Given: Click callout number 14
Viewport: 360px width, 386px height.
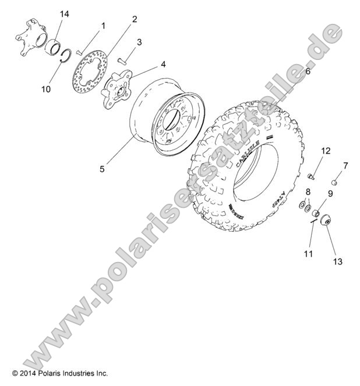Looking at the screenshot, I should click(64, 13).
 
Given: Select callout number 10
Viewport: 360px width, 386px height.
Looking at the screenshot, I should click(46, 89).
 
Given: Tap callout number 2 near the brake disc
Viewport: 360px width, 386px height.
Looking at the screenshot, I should click(135, 19).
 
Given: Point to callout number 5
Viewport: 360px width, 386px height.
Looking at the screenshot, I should click(102, 169).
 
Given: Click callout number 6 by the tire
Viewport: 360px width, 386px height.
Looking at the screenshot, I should click(308, 72).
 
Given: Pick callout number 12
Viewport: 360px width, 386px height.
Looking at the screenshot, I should click(326, 151).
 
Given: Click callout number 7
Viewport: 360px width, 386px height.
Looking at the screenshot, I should click(345, 166).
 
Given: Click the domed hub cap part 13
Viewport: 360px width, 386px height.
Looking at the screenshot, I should click(323, 222).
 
